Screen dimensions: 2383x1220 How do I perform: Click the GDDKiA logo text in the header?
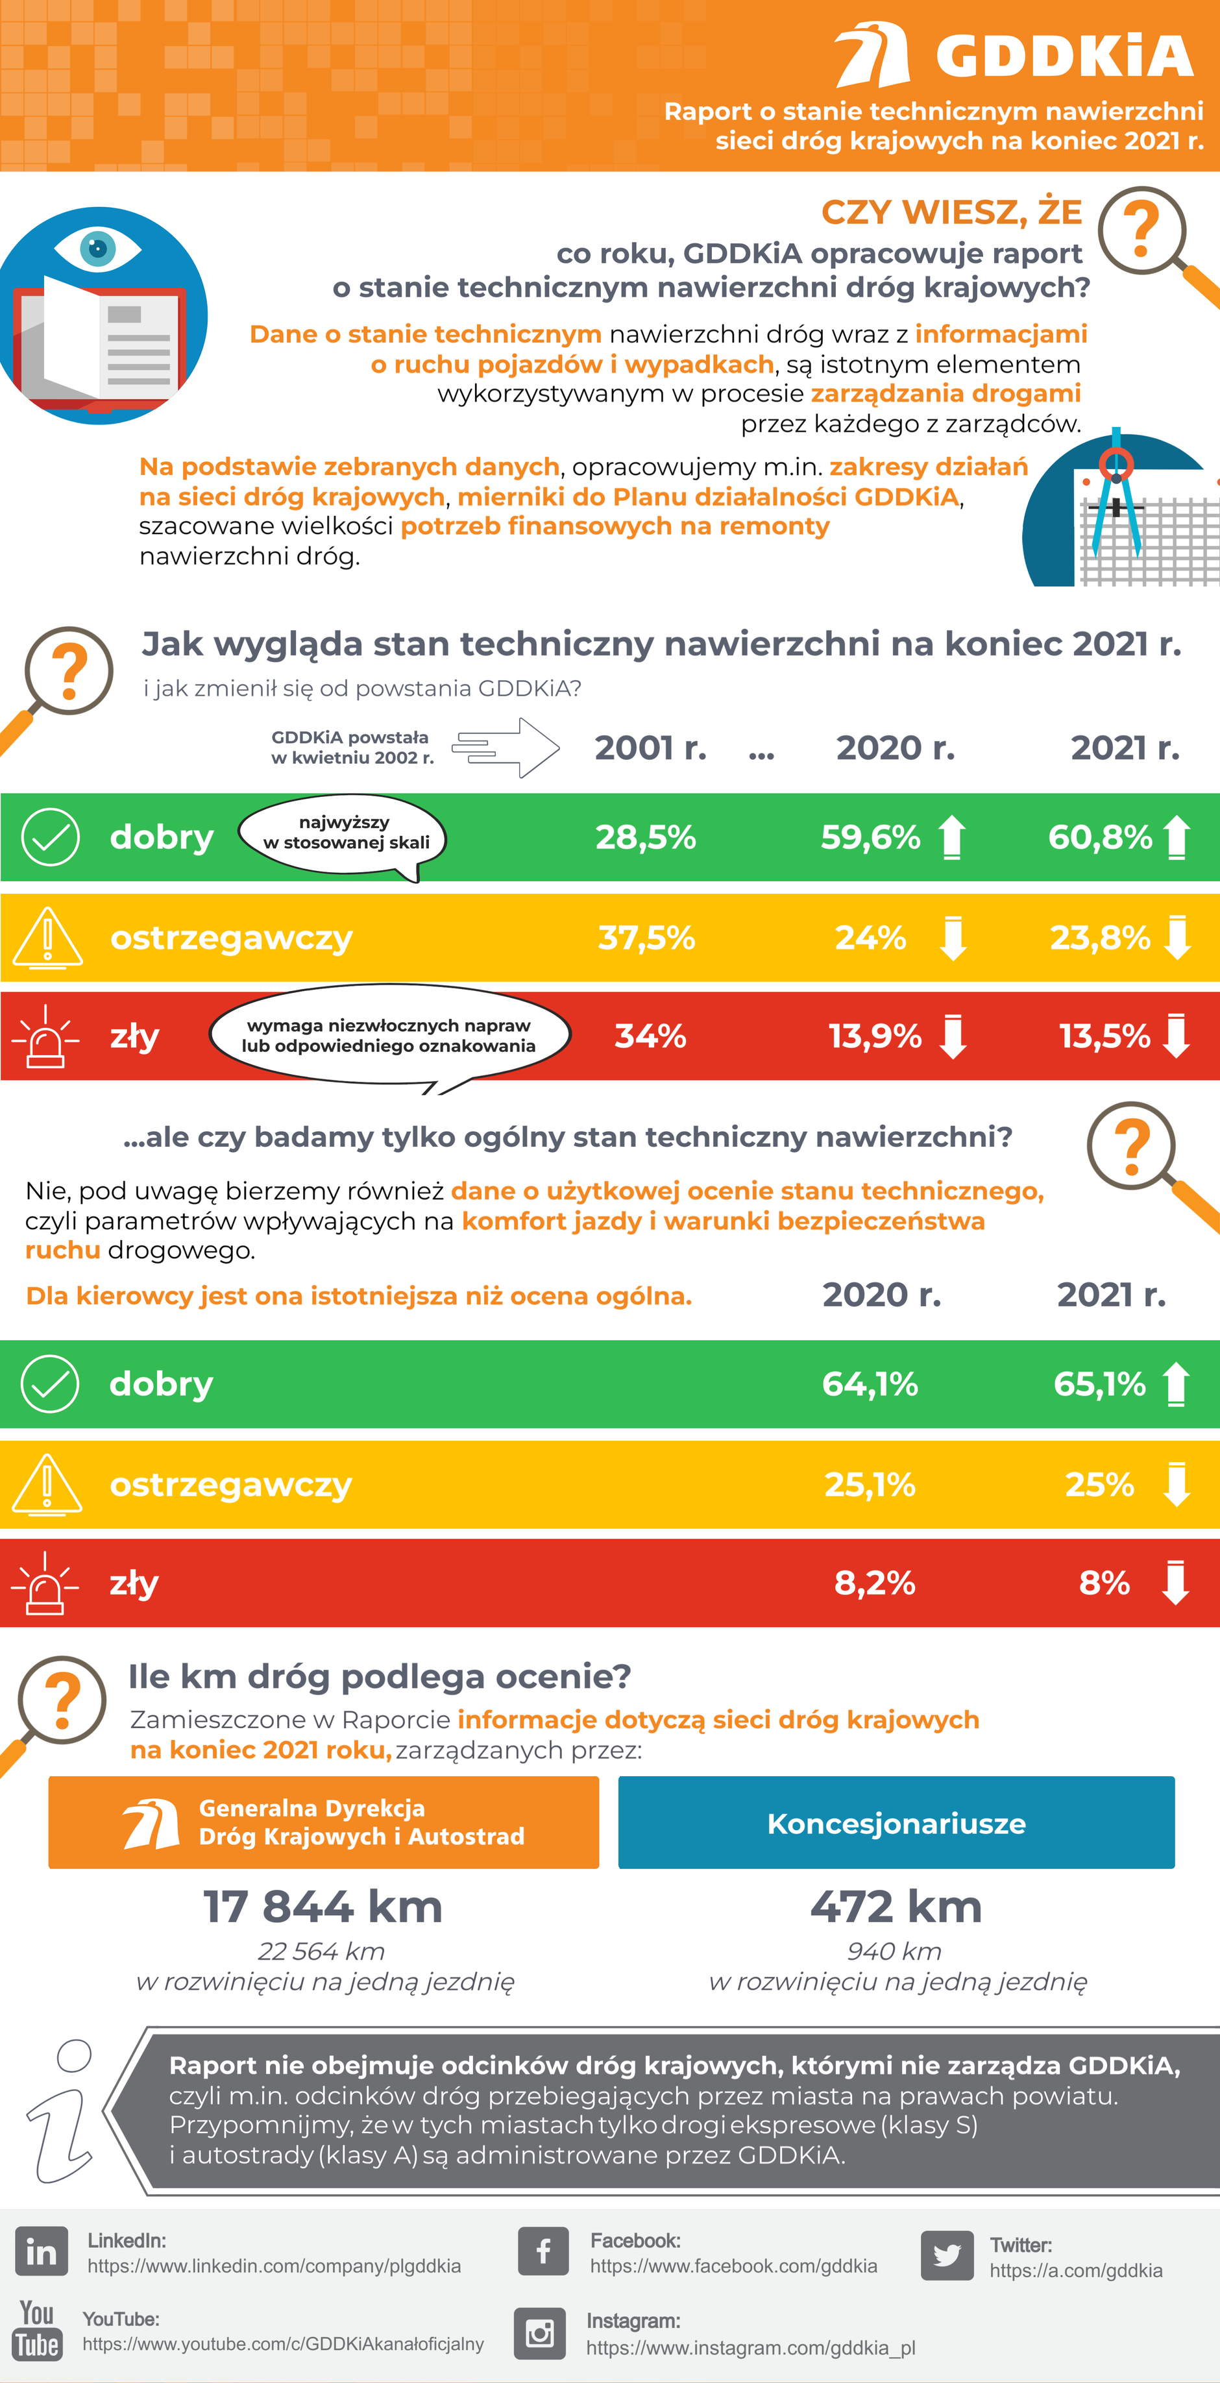1064,56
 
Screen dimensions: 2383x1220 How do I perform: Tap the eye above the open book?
97,248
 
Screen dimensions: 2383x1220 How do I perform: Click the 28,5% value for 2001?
646,837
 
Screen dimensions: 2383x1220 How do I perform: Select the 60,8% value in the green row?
1100,837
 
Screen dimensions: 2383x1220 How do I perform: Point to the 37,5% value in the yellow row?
646,937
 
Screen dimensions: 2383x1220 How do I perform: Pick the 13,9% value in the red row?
874,1036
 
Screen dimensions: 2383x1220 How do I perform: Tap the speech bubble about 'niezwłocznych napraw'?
389,1035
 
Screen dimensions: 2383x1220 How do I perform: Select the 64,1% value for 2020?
870,1384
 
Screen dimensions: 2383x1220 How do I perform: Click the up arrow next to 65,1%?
1176,1384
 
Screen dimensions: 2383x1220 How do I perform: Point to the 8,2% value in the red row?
874,1583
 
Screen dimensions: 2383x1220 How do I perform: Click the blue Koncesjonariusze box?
896,1822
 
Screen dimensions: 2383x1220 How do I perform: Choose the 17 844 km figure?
322,1907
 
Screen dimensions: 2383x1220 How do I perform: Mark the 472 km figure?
896,1907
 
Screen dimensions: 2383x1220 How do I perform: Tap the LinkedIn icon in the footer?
42,2252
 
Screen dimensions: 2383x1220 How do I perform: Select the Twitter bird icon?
946,2255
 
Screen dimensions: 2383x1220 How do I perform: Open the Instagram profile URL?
750,2348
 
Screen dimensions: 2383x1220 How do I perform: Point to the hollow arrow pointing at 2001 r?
506,746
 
